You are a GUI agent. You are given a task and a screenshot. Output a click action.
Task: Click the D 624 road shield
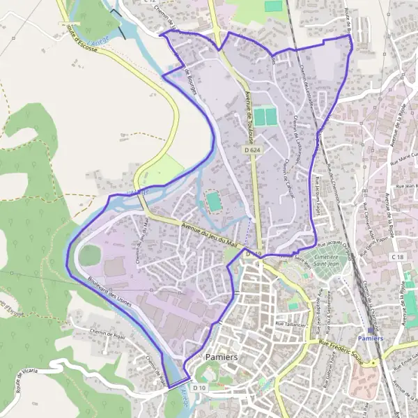tap(252, 150)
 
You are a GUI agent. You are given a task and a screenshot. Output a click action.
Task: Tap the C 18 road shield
tap(398, 258)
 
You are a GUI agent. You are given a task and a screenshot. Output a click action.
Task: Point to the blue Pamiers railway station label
tap(369, 338)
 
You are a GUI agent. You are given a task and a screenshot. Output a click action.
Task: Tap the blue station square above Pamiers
tap(369, 330)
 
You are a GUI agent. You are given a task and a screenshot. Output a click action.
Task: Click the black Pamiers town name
tap(222, 357)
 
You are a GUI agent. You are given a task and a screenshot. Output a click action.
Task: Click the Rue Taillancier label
tap(292, 324)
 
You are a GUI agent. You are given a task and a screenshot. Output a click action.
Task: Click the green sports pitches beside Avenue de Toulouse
tap(264, 116)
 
